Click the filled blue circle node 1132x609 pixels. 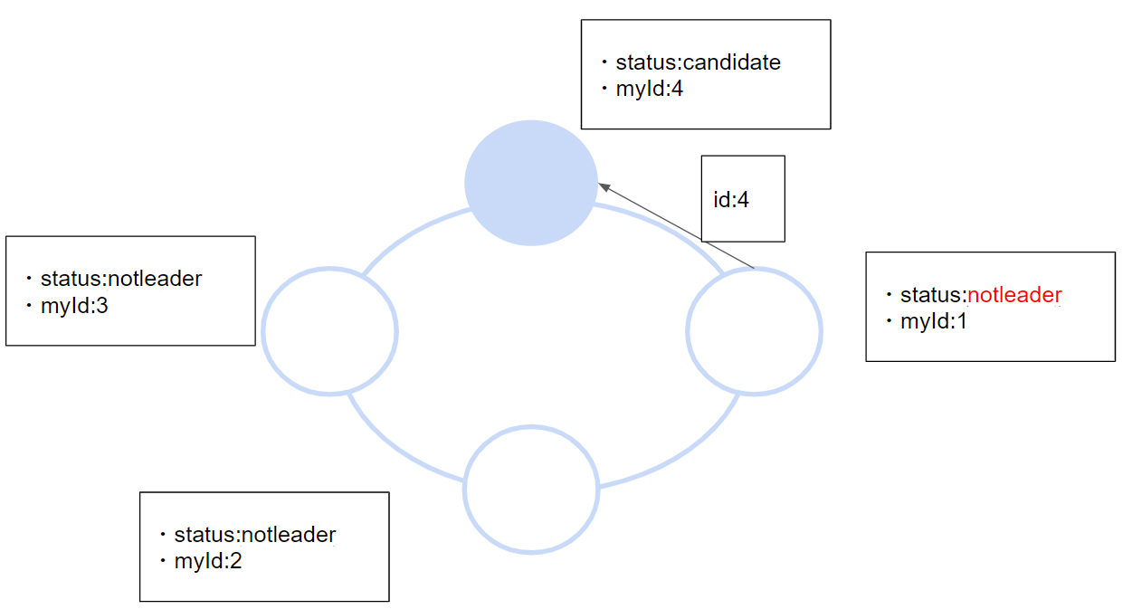click(531, 183)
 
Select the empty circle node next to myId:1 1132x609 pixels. click(754, 331)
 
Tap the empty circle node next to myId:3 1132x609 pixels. click(329, 331)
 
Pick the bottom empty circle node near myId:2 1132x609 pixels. click(531, 489)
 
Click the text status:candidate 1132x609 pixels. click(698, 62)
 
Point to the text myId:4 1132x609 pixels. click(649, 89)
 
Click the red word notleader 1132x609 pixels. click(1014, 295)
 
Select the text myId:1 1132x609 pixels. click(933, 321)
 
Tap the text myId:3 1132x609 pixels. click(74, 306)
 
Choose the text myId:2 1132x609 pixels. click(207, 561)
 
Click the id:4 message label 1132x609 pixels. click(731, 200)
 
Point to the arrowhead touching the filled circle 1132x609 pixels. click(604, 187)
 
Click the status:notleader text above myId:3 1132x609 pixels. click(121, 279)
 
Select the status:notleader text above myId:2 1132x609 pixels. click(254, 535)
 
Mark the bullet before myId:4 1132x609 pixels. click(604, 89)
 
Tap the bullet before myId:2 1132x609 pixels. click(163, 561)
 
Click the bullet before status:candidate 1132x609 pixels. click(604, 62)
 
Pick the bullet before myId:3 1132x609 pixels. click(29, 306)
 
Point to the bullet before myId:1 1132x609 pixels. click(889, 321)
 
